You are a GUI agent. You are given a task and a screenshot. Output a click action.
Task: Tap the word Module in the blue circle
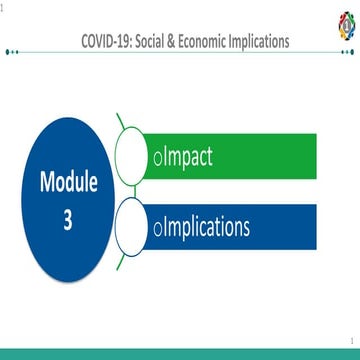[x=68, y=184]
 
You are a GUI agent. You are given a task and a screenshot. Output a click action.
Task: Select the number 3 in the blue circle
[x=68, y=220]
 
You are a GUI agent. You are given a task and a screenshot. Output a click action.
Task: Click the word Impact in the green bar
[x=186, y=157]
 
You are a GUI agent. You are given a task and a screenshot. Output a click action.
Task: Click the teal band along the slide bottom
[x=180, y=354]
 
